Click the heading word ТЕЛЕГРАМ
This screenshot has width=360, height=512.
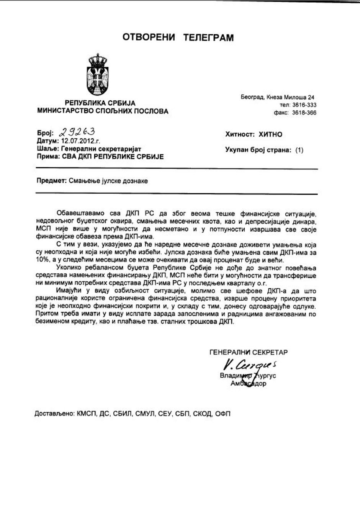[208, 38]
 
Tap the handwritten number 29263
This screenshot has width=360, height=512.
[77, 132]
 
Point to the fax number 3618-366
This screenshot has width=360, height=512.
[304, 113]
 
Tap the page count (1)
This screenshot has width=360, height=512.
[299, 150]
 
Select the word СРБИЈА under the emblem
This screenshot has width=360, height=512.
[121, 103]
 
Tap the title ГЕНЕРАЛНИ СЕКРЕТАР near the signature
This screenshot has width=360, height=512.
[249, 352]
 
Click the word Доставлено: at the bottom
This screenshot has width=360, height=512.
[54, 414]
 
